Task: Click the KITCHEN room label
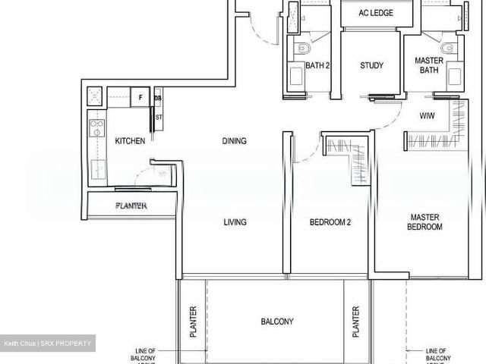tap(130, 141)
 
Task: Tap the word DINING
tap(235, 141)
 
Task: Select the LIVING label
tap(235, 222)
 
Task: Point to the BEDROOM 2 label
tap(330, 222)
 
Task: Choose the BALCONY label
tap(277, 322)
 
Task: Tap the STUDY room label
tap(371, 65)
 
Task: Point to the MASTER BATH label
tap(429, 65)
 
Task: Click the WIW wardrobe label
tap(428, 116)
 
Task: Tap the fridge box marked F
tap(140, 96)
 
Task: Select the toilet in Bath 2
tap(302, 49)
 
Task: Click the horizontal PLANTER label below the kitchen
tap(131, 206)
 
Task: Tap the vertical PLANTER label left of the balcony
tap(193, 322)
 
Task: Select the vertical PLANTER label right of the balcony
tap(355, 322)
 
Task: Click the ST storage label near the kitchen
tap(159, 118)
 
